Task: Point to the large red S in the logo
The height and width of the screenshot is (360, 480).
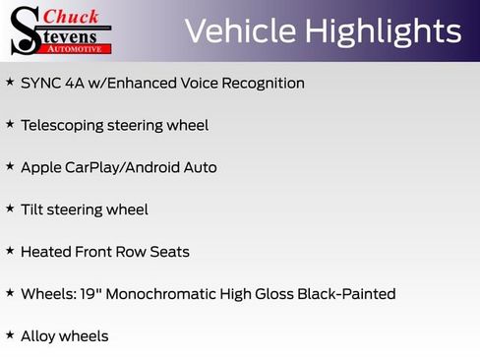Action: coord(27,30)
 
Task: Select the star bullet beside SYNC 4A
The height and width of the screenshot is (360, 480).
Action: coord(10,83)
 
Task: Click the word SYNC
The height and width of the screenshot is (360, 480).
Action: coord(40,84)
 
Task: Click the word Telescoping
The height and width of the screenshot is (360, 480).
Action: coord(61,126)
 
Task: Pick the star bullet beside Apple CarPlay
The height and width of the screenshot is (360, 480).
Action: coord(10,166)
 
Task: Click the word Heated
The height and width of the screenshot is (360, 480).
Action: coord(46,252)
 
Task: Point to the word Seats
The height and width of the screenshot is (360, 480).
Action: coord(169,252)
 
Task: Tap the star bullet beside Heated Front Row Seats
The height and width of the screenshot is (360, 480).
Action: coord(10,251)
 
